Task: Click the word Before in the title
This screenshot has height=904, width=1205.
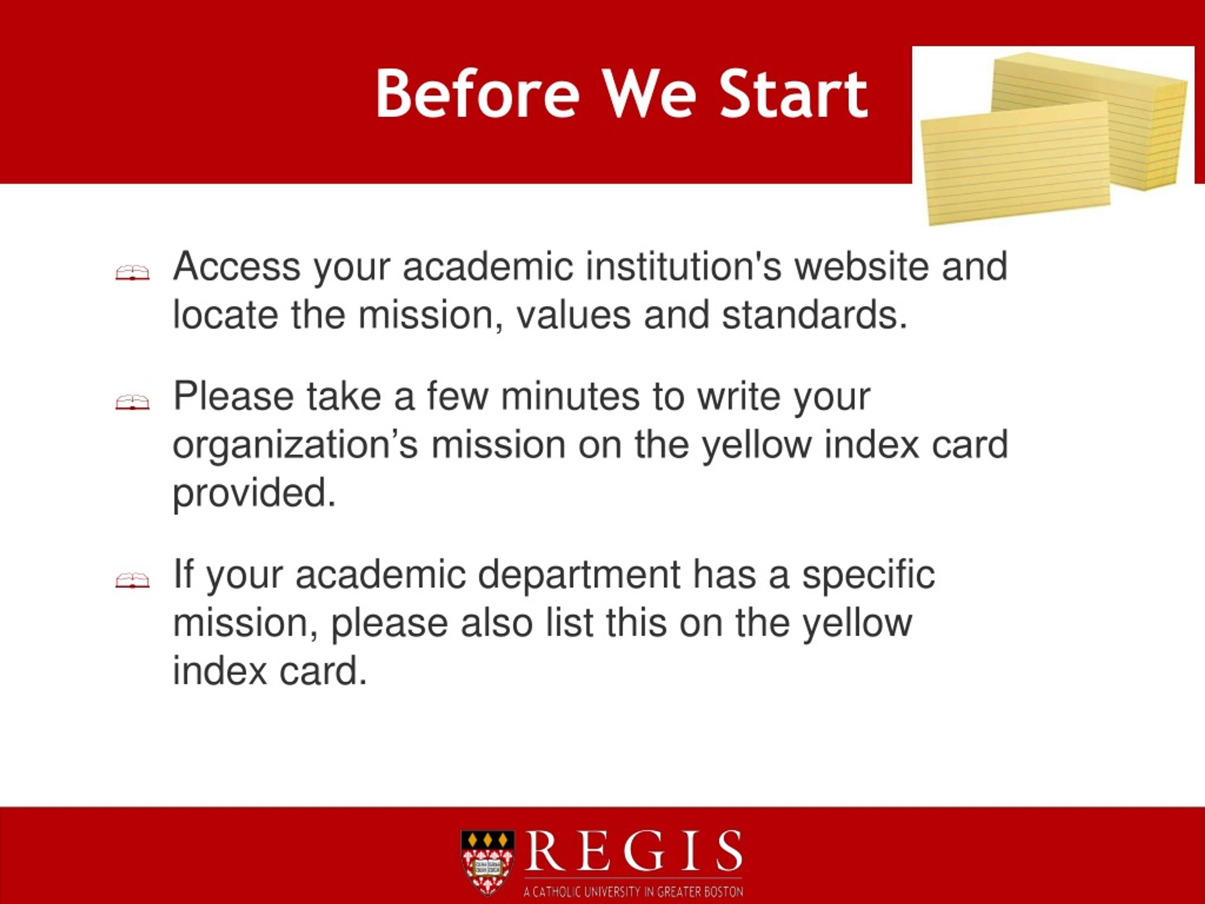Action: click(x=478, y=93)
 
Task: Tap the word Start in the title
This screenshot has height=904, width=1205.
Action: click(x=794, y=93)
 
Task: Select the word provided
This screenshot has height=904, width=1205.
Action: click(x=254, y=493)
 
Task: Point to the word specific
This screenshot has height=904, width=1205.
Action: click(x=868, y=575)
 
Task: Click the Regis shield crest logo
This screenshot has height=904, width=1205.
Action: click(x=487, y=863)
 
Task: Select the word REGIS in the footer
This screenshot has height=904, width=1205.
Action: click(x=633, y=851)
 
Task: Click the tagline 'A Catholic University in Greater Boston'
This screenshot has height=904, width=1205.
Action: click(x=633, y=891)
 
